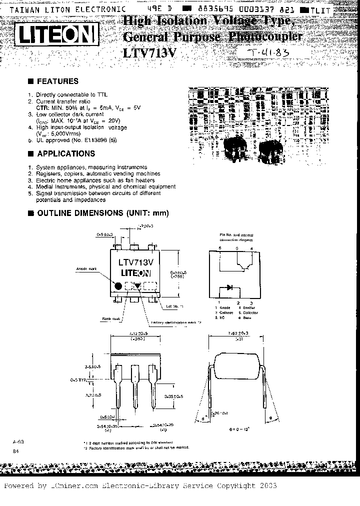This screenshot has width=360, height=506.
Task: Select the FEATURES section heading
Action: pyautogui.click(x=57, y=81)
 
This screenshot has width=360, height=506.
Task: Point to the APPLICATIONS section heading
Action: pyautogui.click(x=66, y=154)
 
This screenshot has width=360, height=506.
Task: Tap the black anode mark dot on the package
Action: pyautogui.click(x=118, y=285)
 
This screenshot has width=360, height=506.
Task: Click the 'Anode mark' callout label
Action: pyautogui.click(x=86, y=269)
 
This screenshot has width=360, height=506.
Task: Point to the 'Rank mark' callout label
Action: pyautogui.click(x=112, y=318)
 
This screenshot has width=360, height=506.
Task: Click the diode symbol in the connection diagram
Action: pyautogui.click(x=229, y=287)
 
